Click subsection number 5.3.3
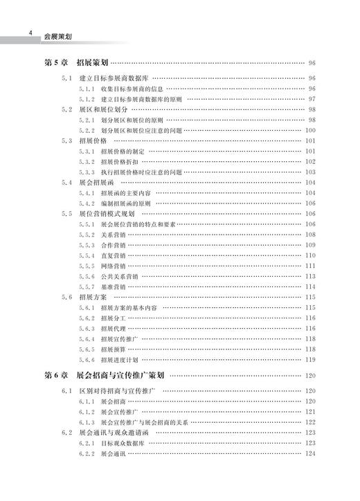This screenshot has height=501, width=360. click(x=86, y=172)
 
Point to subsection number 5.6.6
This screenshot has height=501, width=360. click(x=86, y=359)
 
